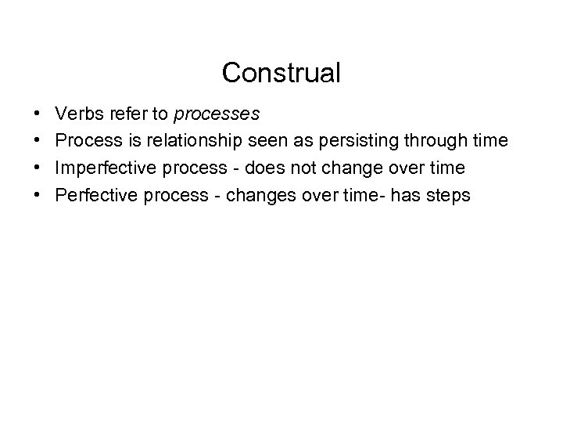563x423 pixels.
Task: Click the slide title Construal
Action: (281, 74)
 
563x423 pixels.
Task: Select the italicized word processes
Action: (217, 115)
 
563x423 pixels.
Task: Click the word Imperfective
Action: (102, 168)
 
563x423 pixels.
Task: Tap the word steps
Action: (446, 195)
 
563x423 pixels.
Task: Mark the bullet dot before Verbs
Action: (38, 115)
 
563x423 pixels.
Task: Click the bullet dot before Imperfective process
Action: (38, 168)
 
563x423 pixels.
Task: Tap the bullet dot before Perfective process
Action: (38, 195)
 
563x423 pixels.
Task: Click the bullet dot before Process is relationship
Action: (38, 142)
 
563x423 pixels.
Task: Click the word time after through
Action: (493, 142)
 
